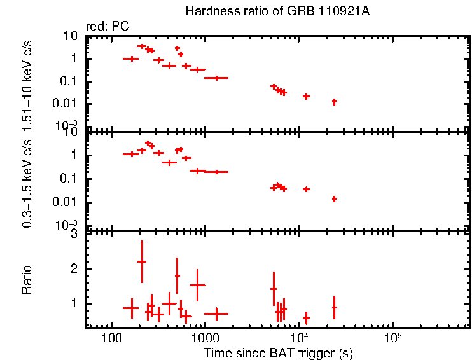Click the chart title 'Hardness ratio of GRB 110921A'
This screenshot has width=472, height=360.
[x=277, y=11]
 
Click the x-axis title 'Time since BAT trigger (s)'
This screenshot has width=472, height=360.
[x=278, y=353]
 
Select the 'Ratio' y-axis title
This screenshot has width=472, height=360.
[x=27, y=280]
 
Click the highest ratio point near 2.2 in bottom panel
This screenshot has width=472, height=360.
[x=142, y=261]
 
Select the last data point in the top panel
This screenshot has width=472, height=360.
[x=334, y=102]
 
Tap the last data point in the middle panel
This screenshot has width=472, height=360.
[x=334, y=199]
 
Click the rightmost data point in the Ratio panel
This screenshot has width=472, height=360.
[x=334, y=307]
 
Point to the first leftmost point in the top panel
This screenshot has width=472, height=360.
[x=130, y=59]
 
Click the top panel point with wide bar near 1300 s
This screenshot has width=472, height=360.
[x=216, y=78]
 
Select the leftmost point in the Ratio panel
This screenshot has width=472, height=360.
[x=130, y=308]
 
